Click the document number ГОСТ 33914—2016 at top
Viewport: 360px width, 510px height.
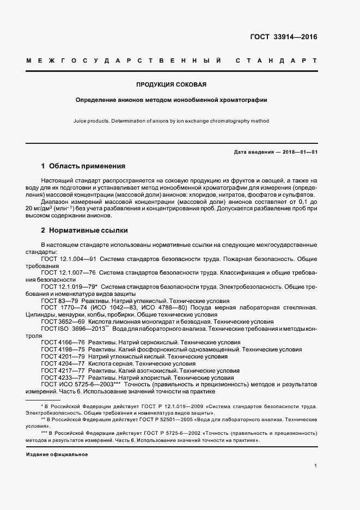point(283,38)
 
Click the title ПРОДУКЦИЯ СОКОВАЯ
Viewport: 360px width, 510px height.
point(171,84)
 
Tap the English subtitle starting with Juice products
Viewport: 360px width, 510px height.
point(171,121)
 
